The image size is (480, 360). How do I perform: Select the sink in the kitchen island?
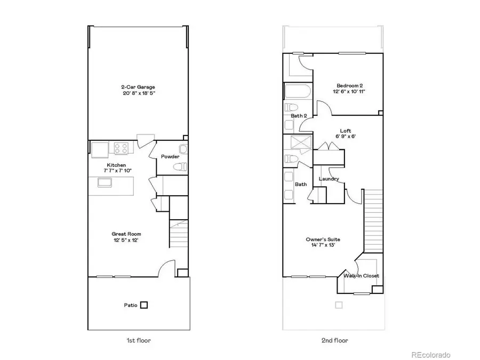[105, 182]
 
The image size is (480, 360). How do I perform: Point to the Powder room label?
[170, 156]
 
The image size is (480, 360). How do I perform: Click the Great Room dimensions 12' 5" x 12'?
[126, 241]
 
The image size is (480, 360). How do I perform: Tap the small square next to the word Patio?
[143, 306]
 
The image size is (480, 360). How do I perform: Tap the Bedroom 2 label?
[350, 85]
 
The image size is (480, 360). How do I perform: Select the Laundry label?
[329, 179]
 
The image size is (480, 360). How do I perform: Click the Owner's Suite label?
[323, 239]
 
